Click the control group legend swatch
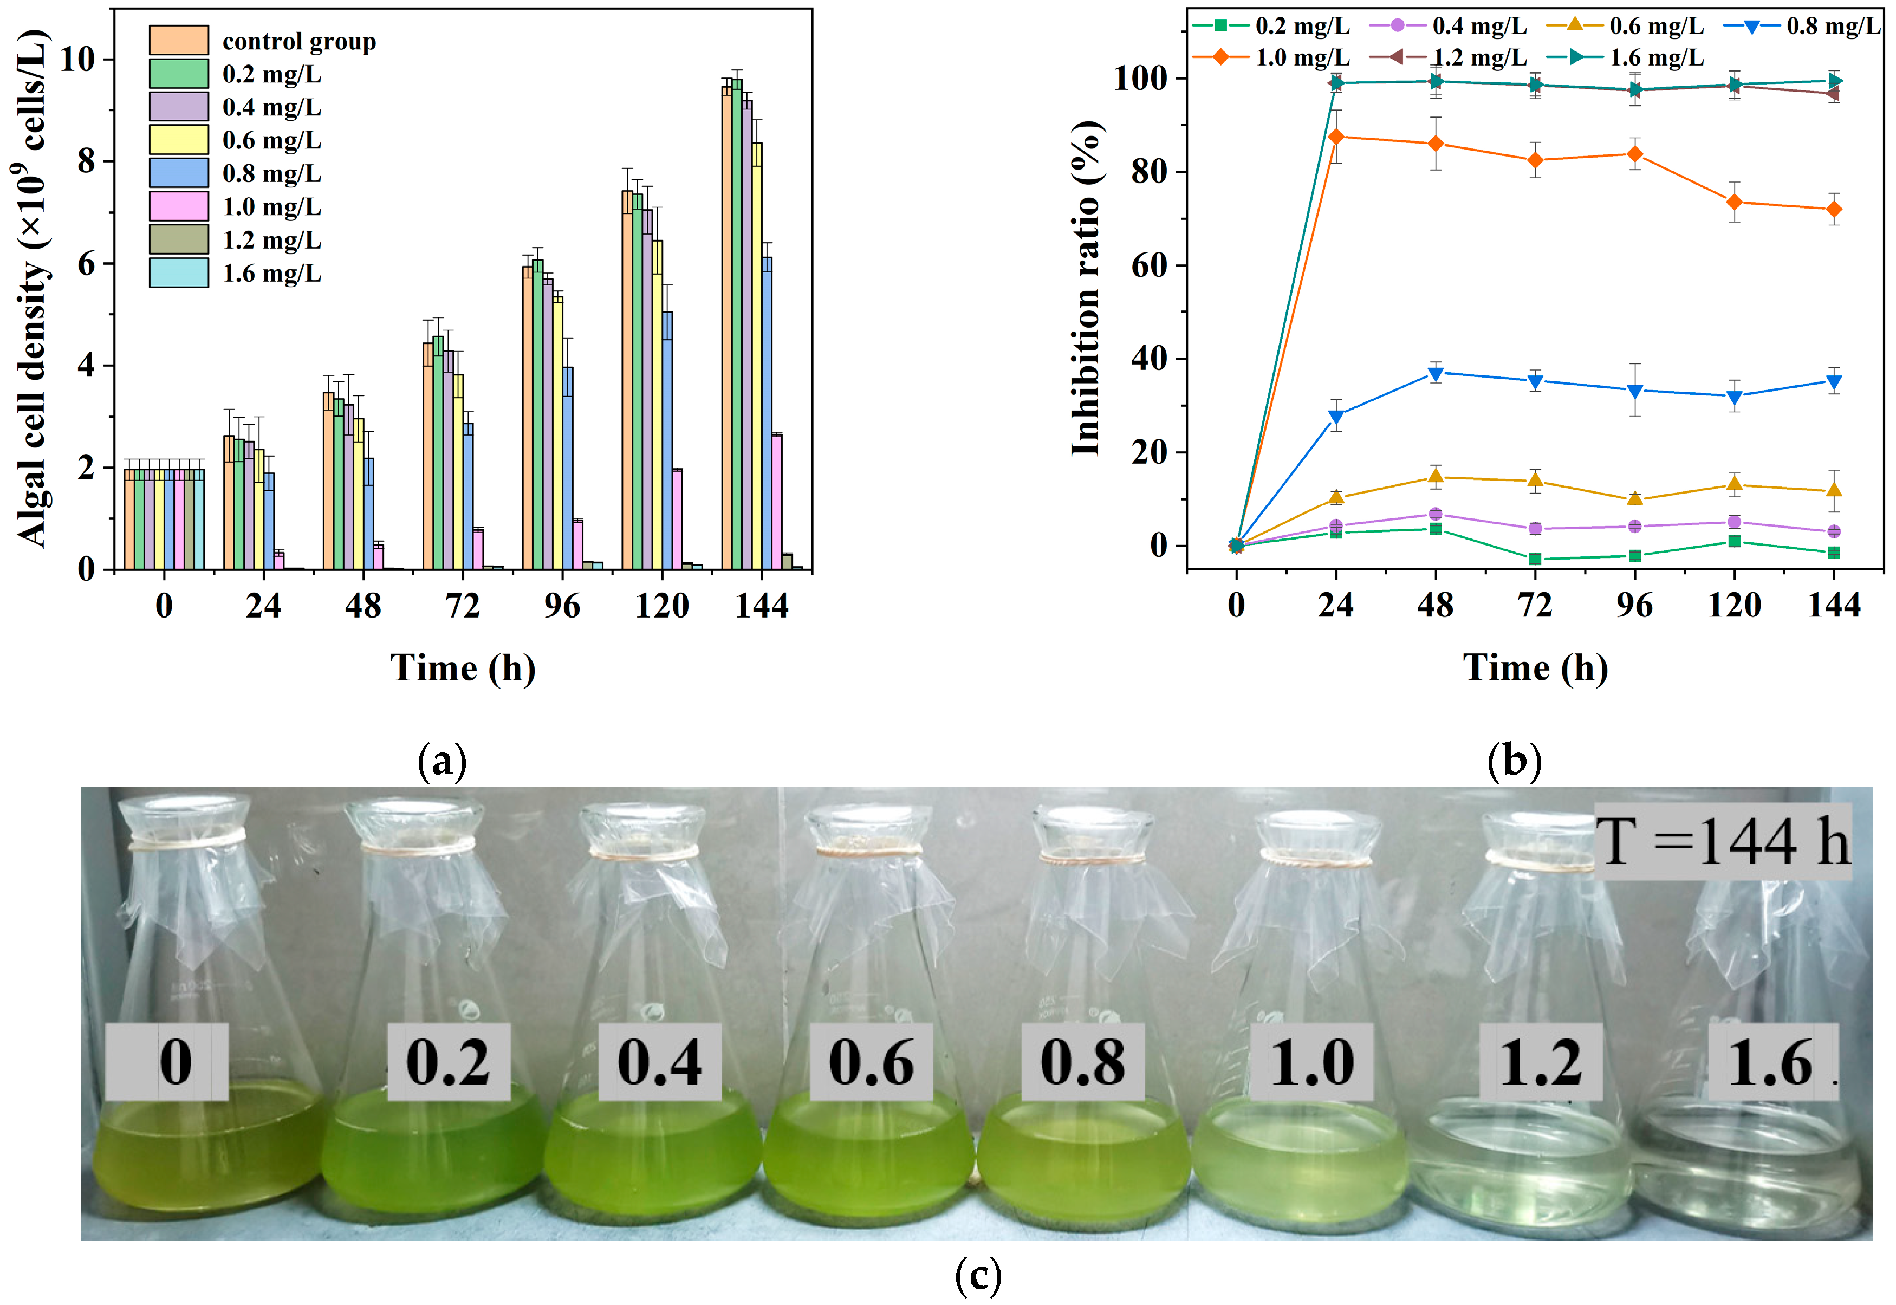click(x=178, y=40)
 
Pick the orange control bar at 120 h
click(x=627, y=380)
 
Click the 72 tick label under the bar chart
click(x=463, y=606)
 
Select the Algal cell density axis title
click(x=33, y=288)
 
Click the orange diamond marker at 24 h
click(x=1336, y=137)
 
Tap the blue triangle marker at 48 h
click(x=1436, y=374)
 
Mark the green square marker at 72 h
click(x=1535, y=559)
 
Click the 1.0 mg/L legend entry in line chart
click(x=1271, y=57)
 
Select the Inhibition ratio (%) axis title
click(x=1087, y=288)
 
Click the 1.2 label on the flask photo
click(x=1540, y=1062)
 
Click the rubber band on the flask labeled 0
click(x=186, y=841)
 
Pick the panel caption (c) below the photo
click(x=978, y=1276)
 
